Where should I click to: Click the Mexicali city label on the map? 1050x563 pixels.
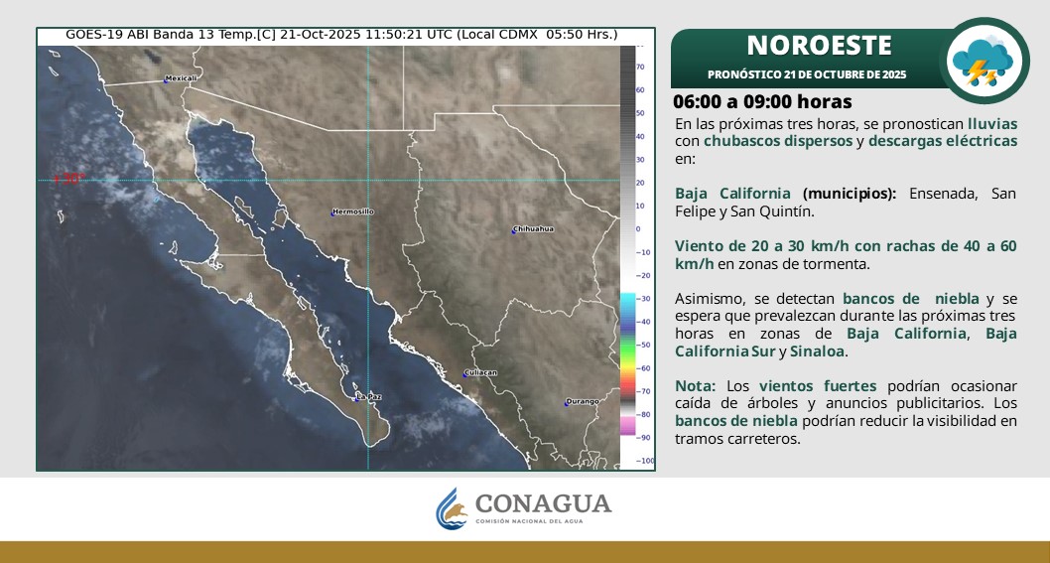[x=182, y=77]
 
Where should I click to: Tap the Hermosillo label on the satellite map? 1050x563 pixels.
[x=353, y=211]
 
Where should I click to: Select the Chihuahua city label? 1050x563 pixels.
[x=535, y=228]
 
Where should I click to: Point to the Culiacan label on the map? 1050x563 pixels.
[x=480, y=372]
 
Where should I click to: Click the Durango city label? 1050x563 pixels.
[x=583, y=401]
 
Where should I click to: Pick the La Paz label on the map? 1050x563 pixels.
[x=368, y=396]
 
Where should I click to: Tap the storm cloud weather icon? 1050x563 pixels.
[x=983, y=62]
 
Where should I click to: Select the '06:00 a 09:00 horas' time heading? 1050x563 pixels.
[x=762, y=102]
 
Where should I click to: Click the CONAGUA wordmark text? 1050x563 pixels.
[x=543, y=503]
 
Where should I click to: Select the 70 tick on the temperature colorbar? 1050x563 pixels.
[x=641, y=67]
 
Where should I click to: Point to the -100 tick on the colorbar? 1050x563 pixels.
[x=644, y=461]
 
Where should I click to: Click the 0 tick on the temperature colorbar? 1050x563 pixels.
[x=639, y=228]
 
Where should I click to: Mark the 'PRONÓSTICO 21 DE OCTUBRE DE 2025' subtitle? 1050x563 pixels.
[x=807, y=74]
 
